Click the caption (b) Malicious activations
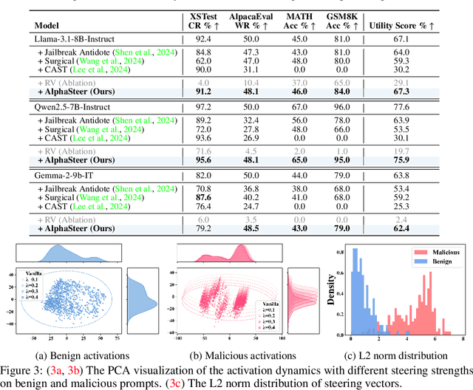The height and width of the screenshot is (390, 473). [x=223, y=355]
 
